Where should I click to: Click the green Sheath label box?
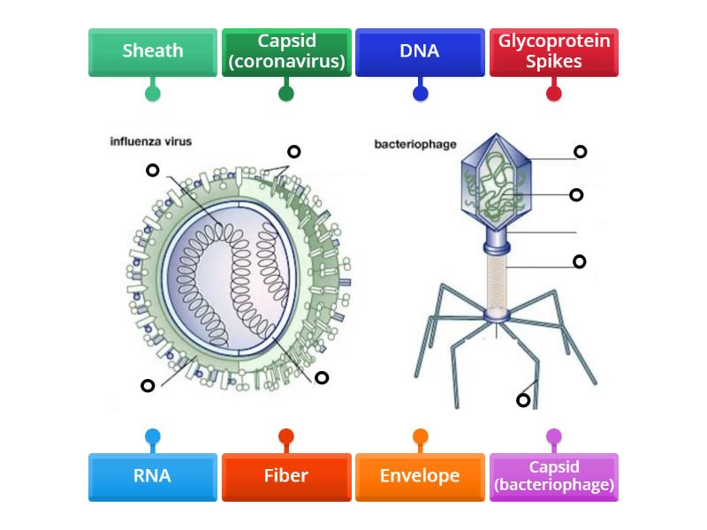point(153,52)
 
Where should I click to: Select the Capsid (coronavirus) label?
point(286,52)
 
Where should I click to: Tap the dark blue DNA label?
point(420,52)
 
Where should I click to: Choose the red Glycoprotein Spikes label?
point(554,52)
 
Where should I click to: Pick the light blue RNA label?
point(153,476)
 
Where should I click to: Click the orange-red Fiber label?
point(286,476)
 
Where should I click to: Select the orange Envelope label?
point(420,476)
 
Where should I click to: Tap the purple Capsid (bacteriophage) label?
point(554,476)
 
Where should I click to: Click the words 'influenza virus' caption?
point(150,140)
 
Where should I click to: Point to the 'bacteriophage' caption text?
point(414,144)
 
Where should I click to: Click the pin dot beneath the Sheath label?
point(153,93)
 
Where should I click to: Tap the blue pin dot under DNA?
point(420,93)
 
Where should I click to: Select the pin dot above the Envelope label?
point(420,436)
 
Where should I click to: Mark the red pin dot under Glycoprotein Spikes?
point(554,93)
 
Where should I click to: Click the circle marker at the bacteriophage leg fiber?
point(523,400)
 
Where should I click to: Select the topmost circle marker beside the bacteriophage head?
point(581,152)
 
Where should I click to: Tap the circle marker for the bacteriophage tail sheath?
point(580,261)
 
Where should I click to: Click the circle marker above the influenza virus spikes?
point(294,152)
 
